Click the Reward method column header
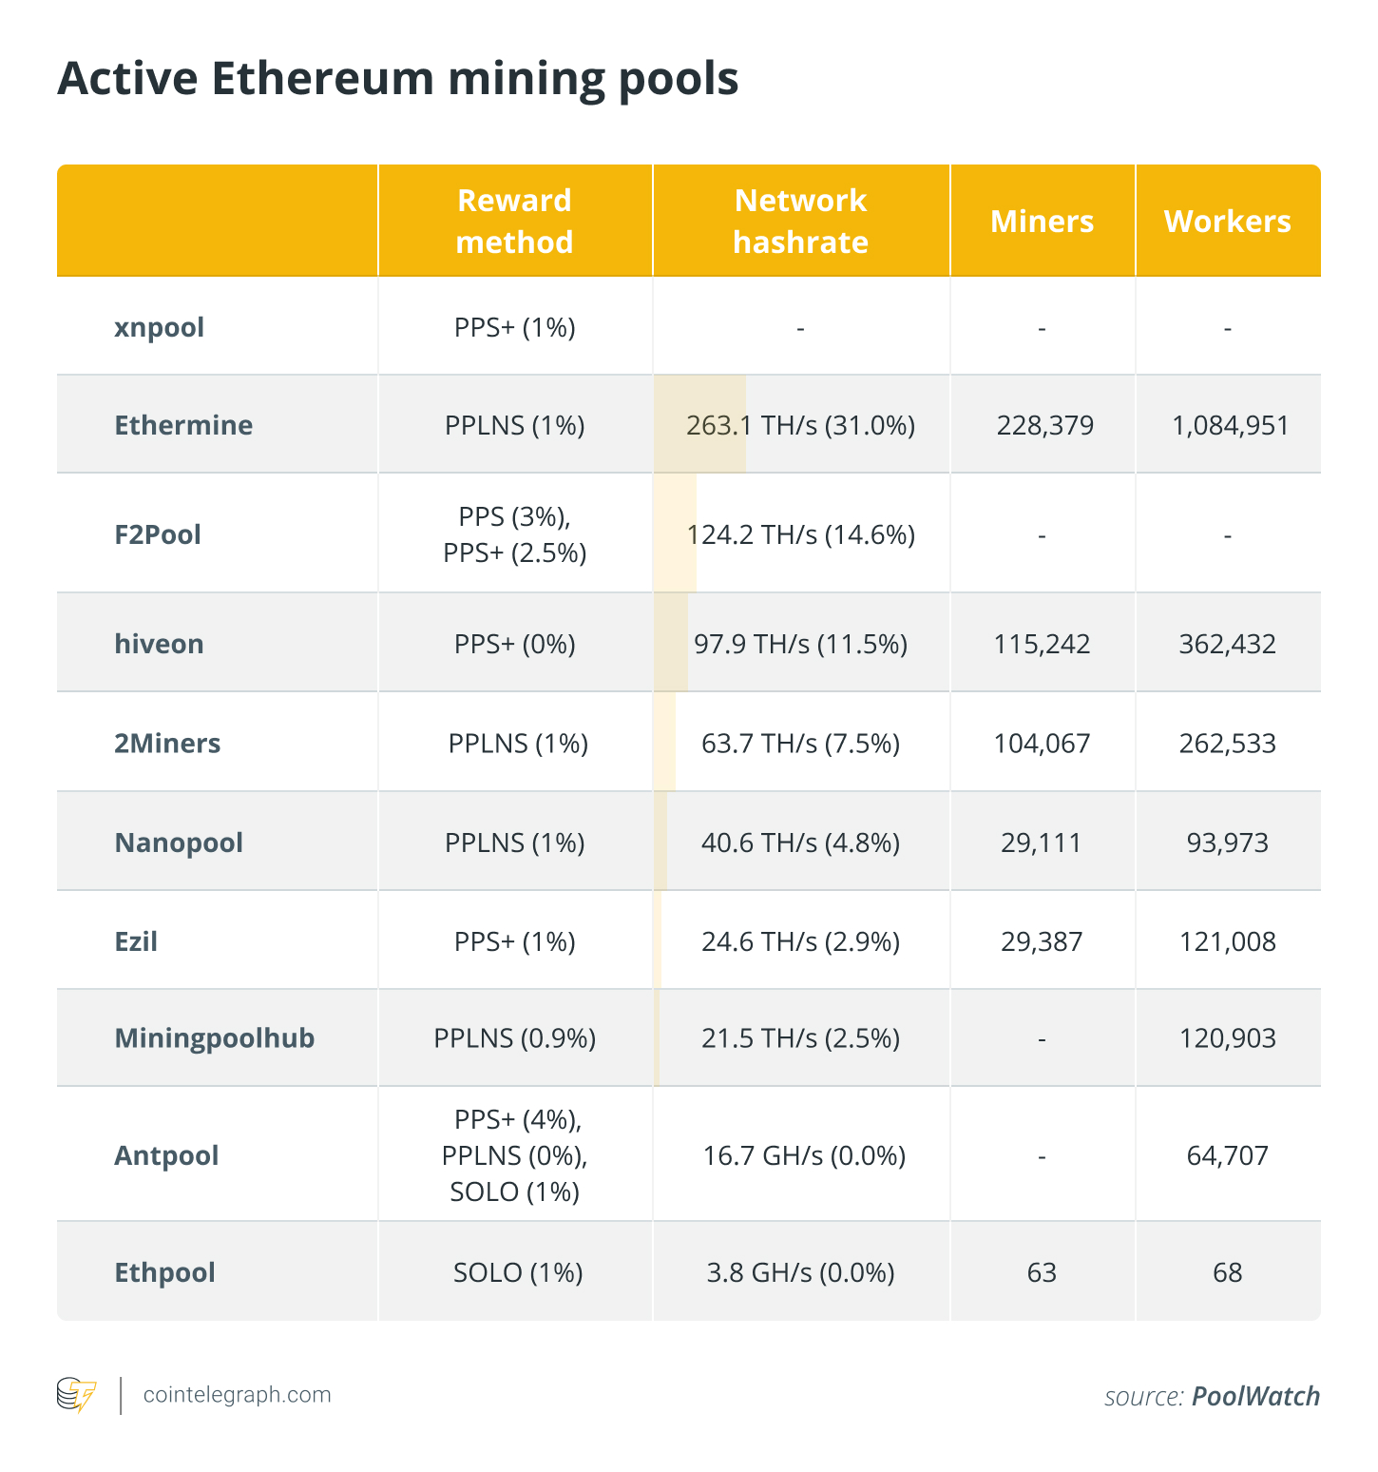click(514, 221)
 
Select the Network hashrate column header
click(800, 221)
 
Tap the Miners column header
click(1042, 222)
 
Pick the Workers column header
click(1227, 222)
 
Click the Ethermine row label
click(183, 425)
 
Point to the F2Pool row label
click(158, 534)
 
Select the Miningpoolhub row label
click(214, 1038)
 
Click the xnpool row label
click(159, 328)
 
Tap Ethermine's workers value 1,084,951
click(1231, 425)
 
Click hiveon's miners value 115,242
click(1042, 645)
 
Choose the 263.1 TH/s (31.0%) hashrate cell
click(800, 425)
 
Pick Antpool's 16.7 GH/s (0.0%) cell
click(803, 1156)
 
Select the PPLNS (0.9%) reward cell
click(514, 1038)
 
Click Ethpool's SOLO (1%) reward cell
click(518, 1273)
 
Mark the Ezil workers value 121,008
click(1227, 942)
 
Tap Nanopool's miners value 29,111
click(1042, 843)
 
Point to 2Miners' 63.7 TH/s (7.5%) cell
click(800, 744)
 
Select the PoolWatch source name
click(1255, 1396)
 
